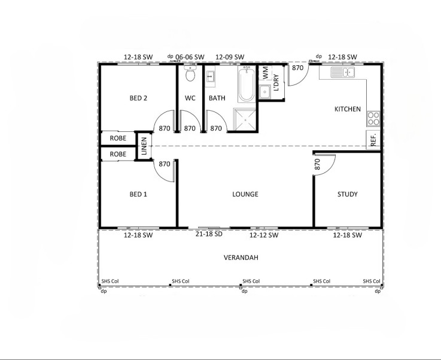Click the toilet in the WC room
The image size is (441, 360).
pyautogui.click(x=190, y=73)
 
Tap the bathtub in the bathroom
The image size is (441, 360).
pyautogui.click(x=247, y=84)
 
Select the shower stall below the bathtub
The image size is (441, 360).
pyautogui.click(x=245, y=120)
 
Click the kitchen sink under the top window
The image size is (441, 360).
pyautogui.click(x=342, y=72)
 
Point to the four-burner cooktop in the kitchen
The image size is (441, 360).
pyautogui.click(x=373, y=119)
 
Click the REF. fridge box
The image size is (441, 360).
pyautogui.click(x=373, y=140)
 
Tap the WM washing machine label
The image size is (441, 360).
pyautogui.click(x=265, y=72)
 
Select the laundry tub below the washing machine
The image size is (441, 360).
pyautogui.click(x=264, y=92)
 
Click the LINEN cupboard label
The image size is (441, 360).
pyautogui.click(x=144, y=146)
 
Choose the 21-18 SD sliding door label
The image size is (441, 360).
pyautogui.click(x=209, y=234)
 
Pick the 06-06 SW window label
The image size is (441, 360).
pyautogui.click(x=190, y=57)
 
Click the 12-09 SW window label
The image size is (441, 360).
pyautogui.click(x=230, y=57)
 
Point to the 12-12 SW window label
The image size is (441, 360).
pyautogui.click(x=264, y=235)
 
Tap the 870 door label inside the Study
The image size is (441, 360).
pyautogui.click(x=317, y=164)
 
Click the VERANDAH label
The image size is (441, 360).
pyautogui.click(x=241, y=258)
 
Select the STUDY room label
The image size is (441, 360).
pyautogui.click(x=347, y=194)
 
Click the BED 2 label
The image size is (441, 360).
pyautogui.click(x=138, y=98)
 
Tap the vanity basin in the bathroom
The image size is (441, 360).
pyautogui.click(x=210, y=76)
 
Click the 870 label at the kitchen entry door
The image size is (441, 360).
pyautogui.click(x=297, y=68)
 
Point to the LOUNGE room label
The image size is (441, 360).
pyautogui.click(x=245, y=194)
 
